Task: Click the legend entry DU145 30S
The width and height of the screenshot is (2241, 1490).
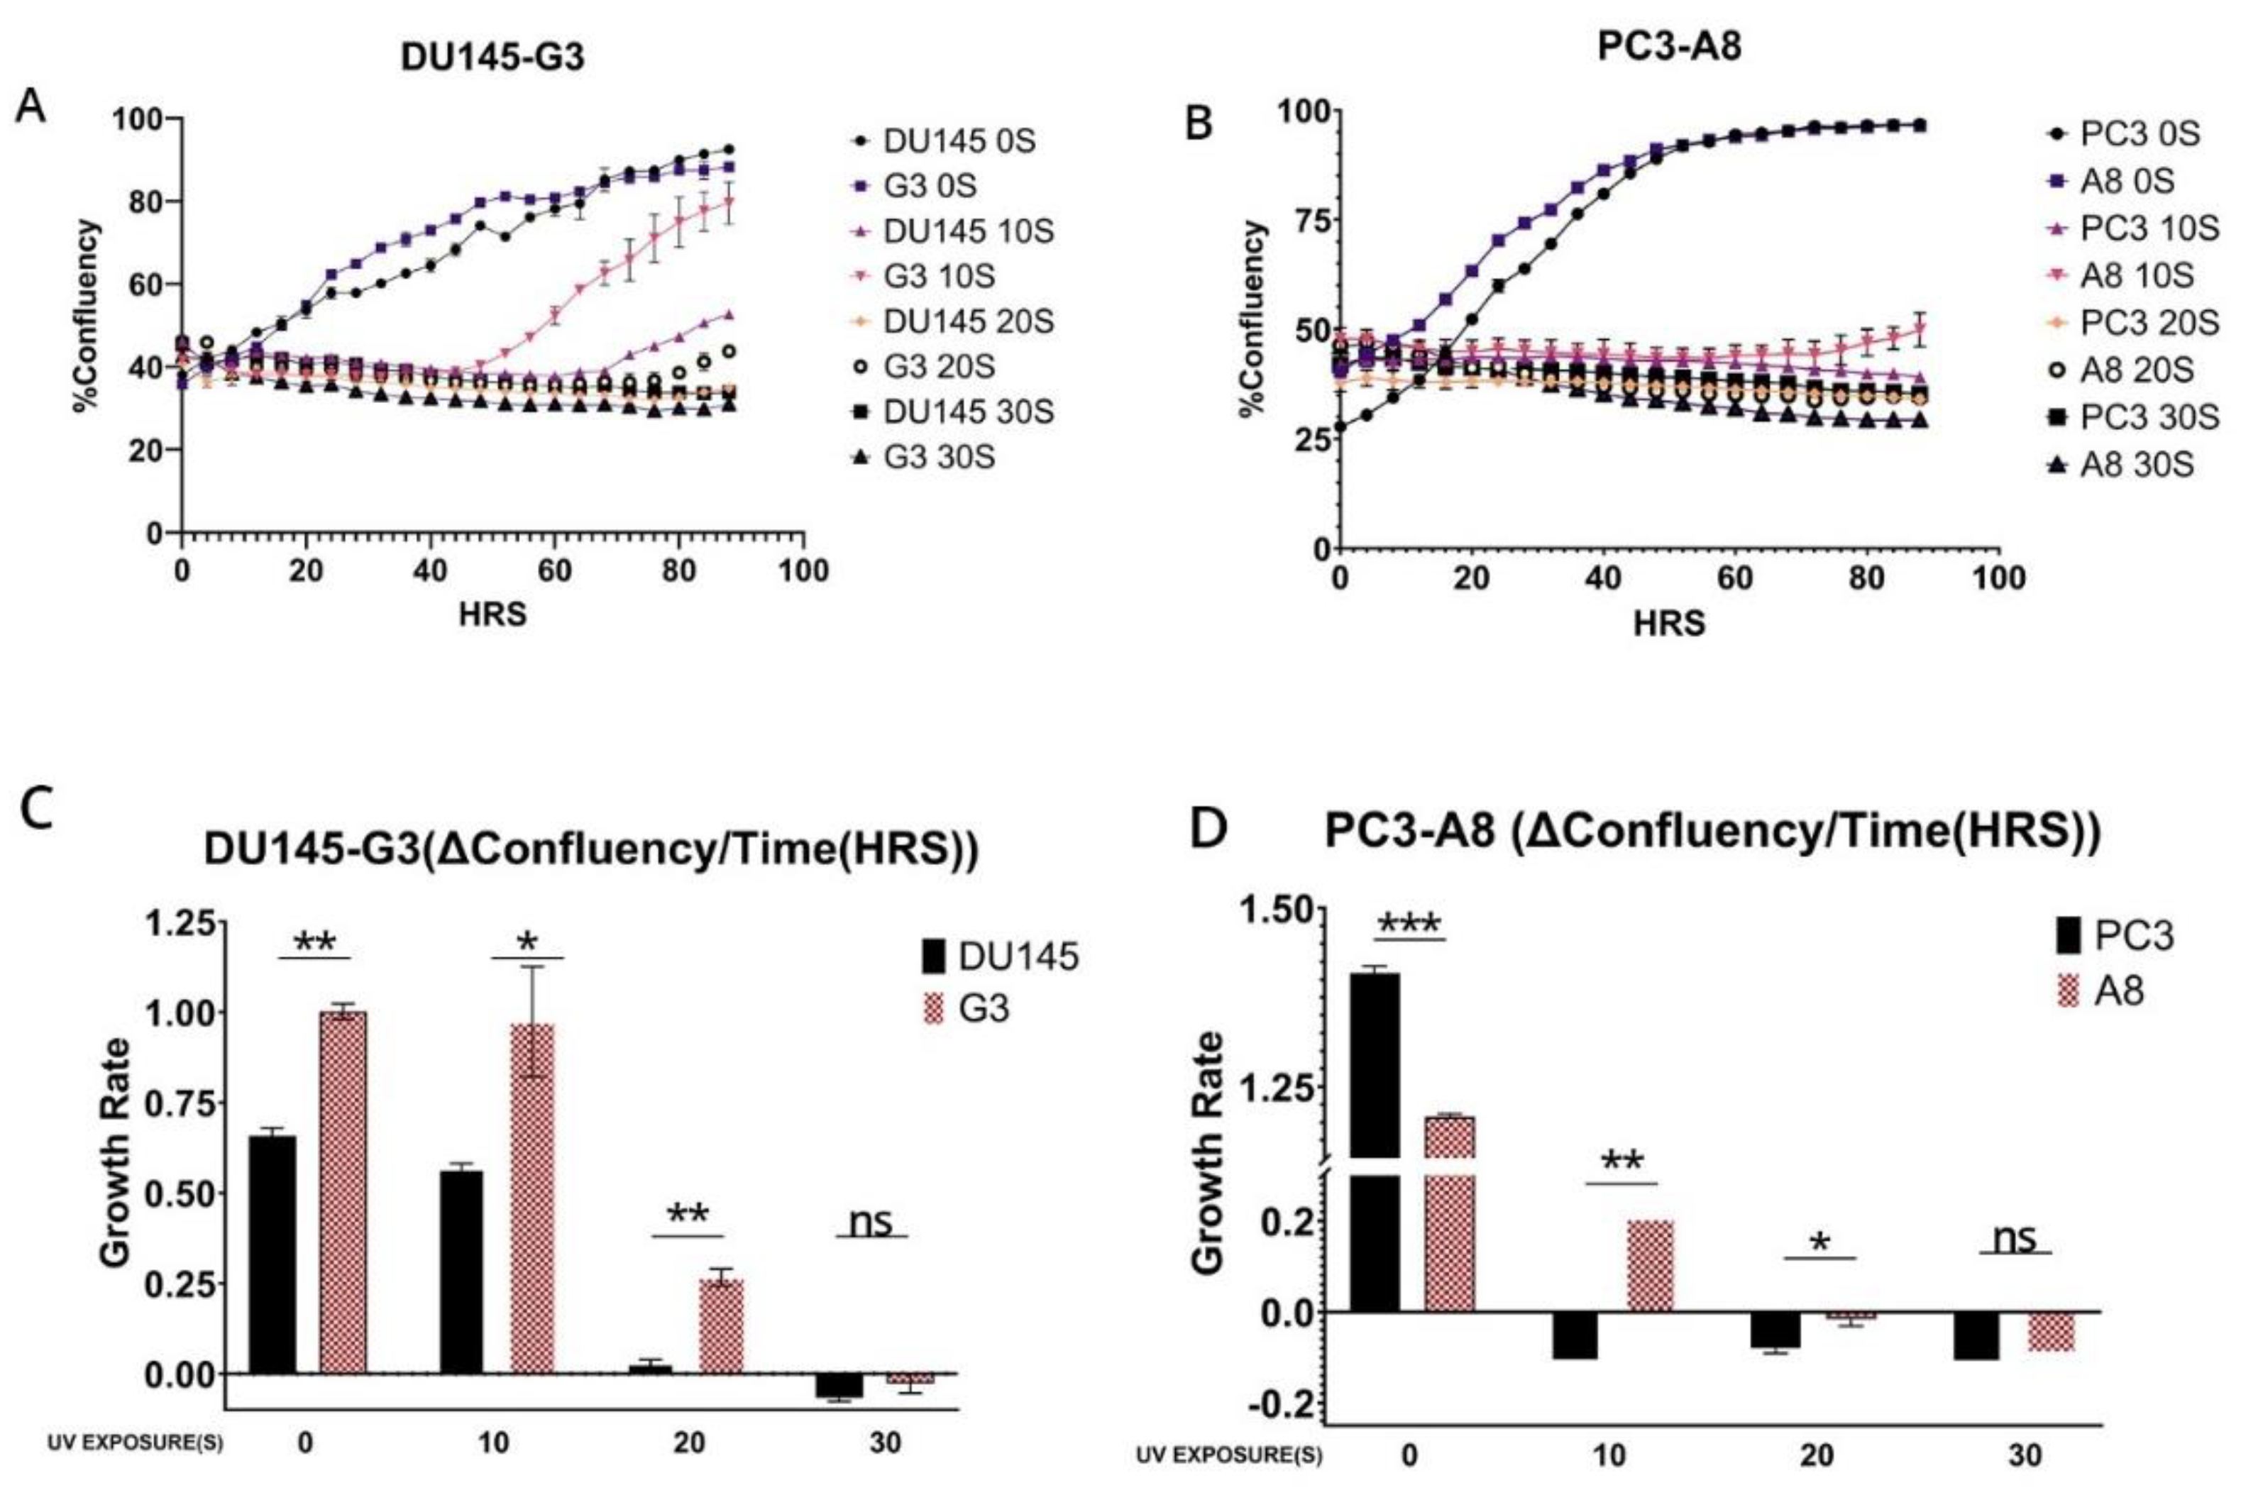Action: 967,412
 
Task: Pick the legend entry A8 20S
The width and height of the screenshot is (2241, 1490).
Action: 2137,370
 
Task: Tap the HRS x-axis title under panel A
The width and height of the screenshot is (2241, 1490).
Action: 492,615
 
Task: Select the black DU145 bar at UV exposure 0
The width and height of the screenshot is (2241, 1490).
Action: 272,1254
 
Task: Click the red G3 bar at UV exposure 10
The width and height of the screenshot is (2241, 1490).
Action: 532,1199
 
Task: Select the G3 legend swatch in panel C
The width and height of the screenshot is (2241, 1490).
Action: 935,1008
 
